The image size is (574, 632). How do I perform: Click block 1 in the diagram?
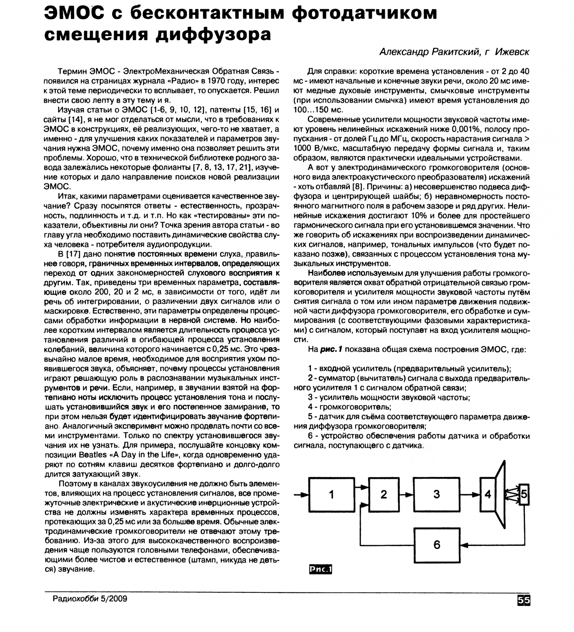(331, 495)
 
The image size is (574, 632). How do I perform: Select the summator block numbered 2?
(384, 495)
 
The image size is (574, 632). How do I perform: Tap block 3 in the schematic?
(436, 495)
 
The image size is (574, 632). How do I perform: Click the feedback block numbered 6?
(437, 545)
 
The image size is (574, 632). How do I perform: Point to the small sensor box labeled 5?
(524, 494)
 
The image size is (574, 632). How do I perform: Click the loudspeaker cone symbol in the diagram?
(501, 495)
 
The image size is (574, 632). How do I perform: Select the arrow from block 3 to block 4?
(470, 495)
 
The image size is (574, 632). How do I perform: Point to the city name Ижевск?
(512, 52)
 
